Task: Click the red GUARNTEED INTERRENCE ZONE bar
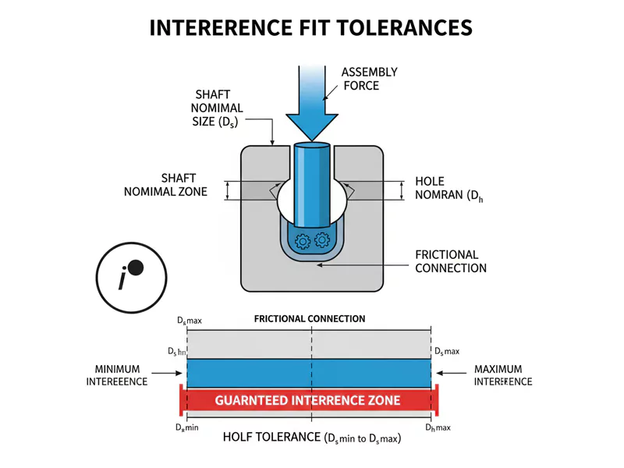(307, 400)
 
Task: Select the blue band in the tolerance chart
(307, 373)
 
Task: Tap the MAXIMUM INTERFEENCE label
(503, 375)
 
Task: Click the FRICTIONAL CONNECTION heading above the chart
(310, 319)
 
